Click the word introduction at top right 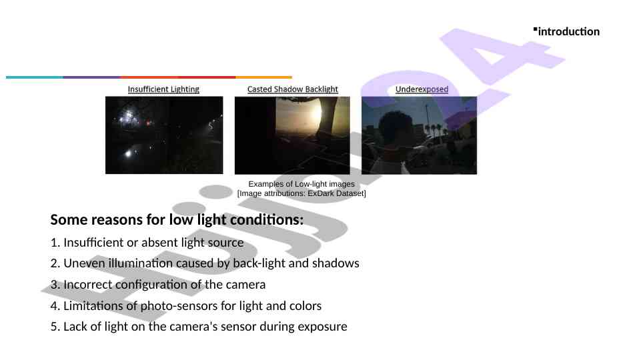pos(568,31)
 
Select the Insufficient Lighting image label pos(163,89)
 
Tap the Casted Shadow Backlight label pos(292,89)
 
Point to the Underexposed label pos(422,89)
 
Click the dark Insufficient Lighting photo pos(164,135)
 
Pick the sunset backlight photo pos(292,135)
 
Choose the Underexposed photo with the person pos(419,135)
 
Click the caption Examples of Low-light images pos(301,183)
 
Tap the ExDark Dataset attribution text pos(301,193)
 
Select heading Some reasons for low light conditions pos(177,219)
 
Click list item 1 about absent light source pos(147,242)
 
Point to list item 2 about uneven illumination pos(205,263)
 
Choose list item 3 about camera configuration pos(158,285)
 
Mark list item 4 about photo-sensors pos(186,306)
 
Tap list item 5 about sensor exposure pos(199,327)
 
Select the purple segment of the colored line pos(91,77)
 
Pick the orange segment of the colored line pos(263,77)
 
